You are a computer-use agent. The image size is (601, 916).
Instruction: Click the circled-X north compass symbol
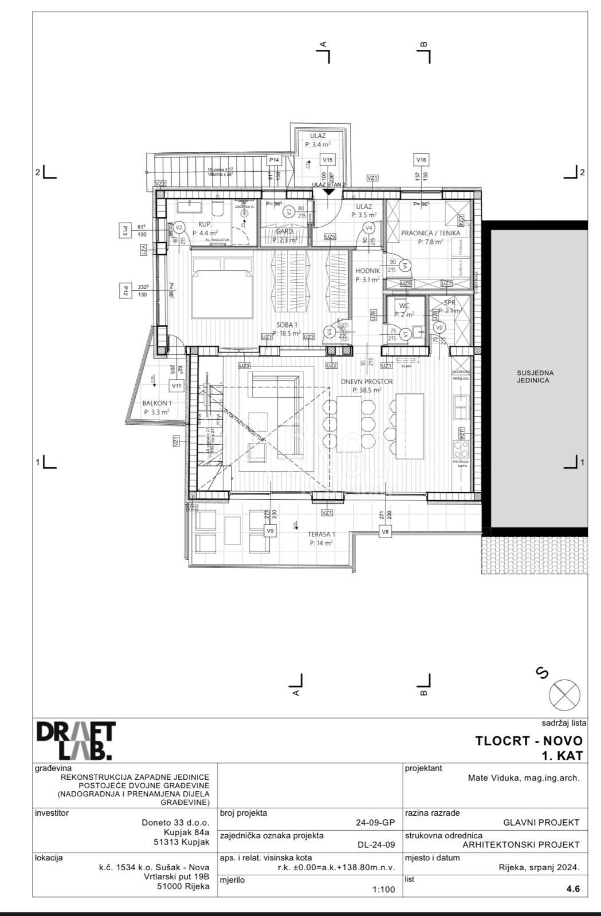click(x=564, y=695)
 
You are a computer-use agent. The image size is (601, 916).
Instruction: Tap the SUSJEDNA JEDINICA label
click(x=535, y=376)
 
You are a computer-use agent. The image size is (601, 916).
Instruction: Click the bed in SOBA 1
click(x=222, y=287)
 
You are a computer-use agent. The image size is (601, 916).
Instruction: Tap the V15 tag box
click(x=327, y=160)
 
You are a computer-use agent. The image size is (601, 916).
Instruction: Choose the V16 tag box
click(x=421, y=160)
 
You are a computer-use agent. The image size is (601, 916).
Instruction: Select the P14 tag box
click(x=274, y=160)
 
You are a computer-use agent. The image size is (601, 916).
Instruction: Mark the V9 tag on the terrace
click(x=270, y=531)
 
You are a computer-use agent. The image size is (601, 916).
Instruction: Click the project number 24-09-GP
click(x=375, y=823)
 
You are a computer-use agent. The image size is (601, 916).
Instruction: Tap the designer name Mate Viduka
click(x=524, y=777)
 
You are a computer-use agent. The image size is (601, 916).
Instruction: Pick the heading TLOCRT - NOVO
click(x=528, y=741)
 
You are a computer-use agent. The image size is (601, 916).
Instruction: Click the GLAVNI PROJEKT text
click(x=541, y=823)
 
